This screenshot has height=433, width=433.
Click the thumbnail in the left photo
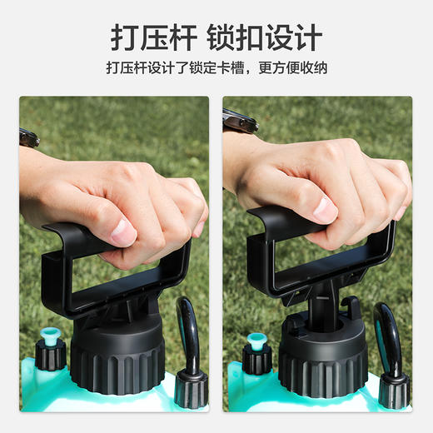[x=122, y=232]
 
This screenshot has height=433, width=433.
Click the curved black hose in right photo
[x=387, y=333]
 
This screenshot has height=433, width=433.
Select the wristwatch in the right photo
[x=240, y=122]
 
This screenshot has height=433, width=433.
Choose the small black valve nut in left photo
[x=49, y=356]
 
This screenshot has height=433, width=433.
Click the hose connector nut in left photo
[x=191, y=387]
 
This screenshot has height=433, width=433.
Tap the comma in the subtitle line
[x=251, y=71]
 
